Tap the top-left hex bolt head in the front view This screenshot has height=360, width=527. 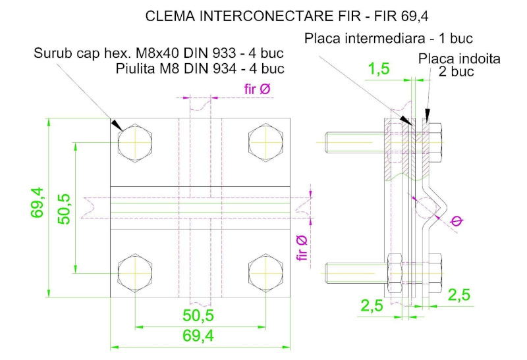click(135, 140)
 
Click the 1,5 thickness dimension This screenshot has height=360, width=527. click(378, 68)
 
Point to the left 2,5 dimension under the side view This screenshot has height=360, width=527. click(373, 305)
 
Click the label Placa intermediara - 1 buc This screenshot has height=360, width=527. click(389, 39)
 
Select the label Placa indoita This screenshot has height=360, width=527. click(460, 59)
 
